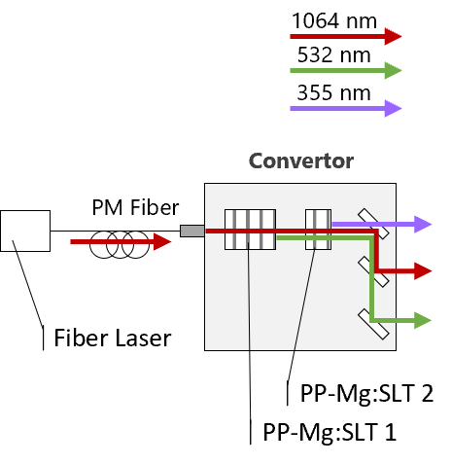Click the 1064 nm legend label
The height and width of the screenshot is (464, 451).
[x=334, y=20]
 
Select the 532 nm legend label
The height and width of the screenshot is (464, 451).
[x=334, y=54]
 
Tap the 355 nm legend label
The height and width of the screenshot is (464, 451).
[x=334, y=92]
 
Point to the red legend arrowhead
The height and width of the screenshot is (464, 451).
[x=393, y=36]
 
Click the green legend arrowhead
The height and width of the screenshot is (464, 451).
[x=393, y=70]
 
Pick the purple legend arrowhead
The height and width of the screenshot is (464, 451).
[x=393, y=108]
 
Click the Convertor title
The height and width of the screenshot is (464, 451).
[x=301, y=161]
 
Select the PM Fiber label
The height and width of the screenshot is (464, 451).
[x=135, y=207]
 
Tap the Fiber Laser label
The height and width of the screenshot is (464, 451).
[x=113, y=338]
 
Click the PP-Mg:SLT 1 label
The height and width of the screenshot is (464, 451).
[x=330, y=432]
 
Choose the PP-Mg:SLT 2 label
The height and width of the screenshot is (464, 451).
[x=366, y=393]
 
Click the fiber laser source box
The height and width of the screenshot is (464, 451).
[x=25, y=231]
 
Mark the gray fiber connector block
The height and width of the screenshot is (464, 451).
[x=192, y=231]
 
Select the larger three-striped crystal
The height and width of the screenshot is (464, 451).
[x=250, y=230]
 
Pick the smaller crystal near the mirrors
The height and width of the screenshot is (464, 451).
[x=319, y=230]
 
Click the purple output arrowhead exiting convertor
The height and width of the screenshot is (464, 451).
[x=423, y=224]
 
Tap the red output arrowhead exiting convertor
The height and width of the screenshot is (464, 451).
[x=423, y=271]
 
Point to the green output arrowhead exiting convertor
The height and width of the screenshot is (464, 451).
[x=423, y=321]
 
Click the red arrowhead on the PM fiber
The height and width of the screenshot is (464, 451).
[x=162, y=241]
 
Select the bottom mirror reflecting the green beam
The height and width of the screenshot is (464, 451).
[x=373, y=324]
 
